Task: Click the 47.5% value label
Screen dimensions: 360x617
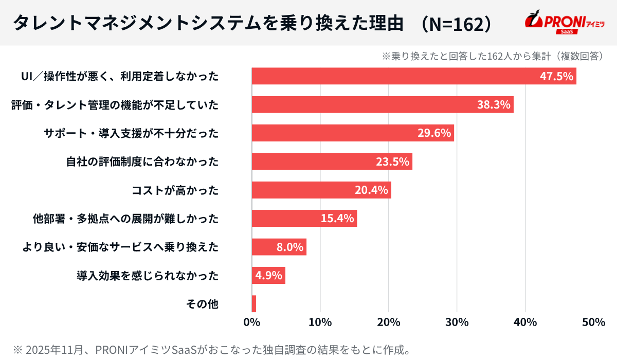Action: click(556, 76)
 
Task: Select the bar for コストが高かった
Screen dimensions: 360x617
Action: click(321, 190)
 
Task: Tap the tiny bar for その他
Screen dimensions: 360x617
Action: click(253, 304)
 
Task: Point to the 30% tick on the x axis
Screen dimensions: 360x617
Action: click(457, 322)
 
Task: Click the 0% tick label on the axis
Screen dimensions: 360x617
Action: click(251, 322)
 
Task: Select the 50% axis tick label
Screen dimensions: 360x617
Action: click(594, 322)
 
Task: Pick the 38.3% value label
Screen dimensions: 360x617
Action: click(494, 105)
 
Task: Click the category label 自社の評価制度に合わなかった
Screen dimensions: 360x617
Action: click(142, 162)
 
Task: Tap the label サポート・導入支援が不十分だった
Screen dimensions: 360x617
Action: click(131, 133)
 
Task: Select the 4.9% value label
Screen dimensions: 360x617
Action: click(269, 275)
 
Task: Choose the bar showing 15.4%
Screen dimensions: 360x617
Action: click(304, 219)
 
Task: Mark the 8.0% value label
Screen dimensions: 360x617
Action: click(289, 247)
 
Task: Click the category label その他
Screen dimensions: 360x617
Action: click(202, 304)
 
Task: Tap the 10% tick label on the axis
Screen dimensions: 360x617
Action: click(320, 322)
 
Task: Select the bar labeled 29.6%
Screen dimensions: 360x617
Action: click(353, 133)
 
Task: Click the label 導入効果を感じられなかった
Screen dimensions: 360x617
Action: click(148, 276)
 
